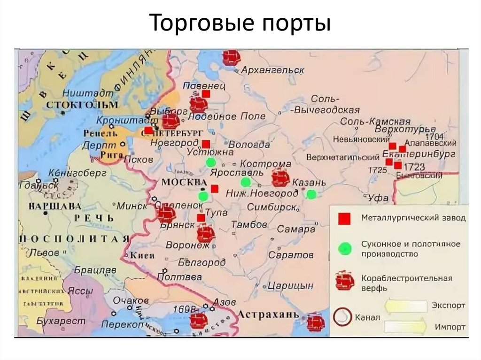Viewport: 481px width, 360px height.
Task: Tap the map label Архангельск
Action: [272, 70]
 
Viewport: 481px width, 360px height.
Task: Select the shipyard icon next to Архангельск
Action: [231, 57]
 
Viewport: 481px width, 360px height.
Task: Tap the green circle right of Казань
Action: [311, 194]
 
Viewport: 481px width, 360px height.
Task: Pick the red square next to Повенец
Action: [206, 94]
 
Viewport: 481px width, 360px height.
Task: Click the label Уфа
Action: [378, 198]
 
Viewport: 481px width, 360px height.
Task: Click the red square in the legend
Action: [345, 219]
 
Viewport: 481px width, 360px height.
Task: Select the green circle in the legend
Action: [345, 248]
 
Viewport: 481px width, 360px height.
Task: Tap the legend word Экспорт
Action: [449, 306]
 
